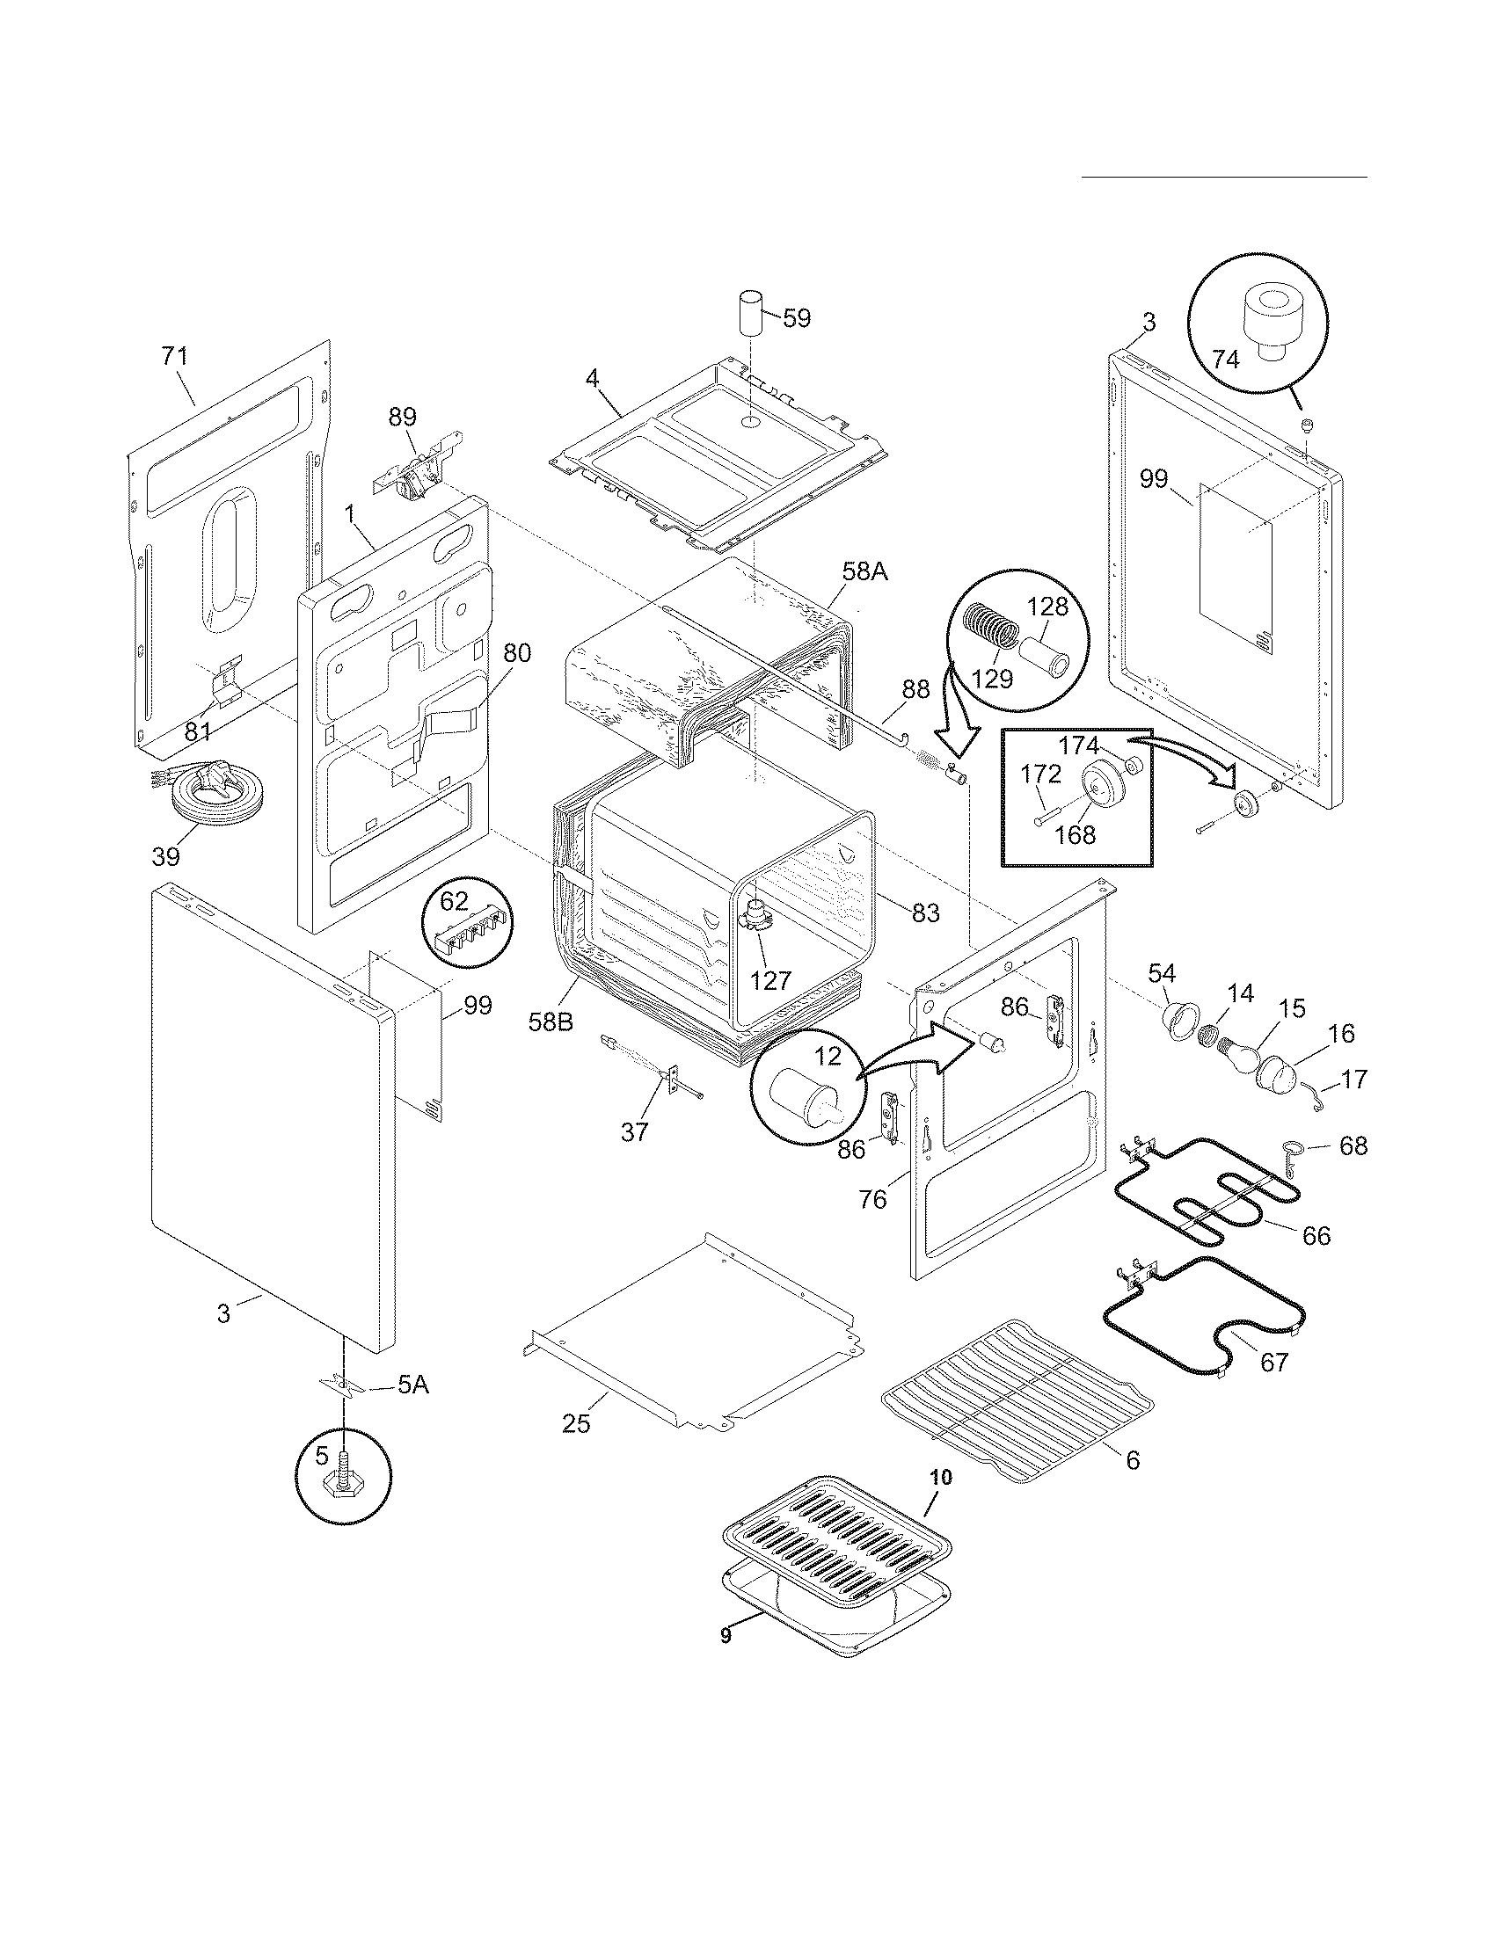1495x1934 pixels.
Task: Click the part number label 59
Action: click(x=797, y=318)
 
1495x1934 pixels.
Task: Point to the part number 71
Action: click(x=174, y=356)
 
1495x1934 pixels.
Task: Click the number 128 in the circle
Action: click(x=1046, y=607)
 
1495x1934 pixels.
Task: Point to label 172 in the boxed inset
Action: click(x=1040, y=774)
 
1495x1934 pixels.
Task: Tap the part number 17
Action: click(x=1354, y=1080)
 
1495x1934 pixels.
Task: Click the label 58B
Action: click(x=551, y=1021)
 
